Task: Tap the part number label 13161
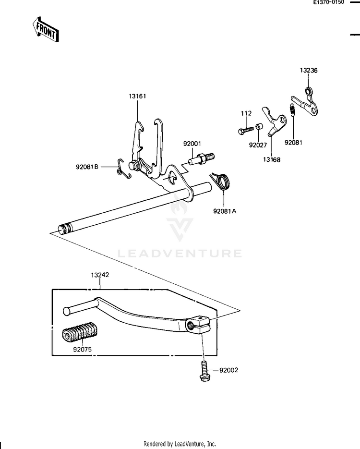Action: point(137,97)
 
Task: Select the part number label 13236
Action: point(309,70)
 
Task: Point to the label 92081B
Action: point(87,167)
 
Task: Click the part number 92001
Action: point(192,143)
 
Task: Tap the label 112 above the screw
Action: point(246,113)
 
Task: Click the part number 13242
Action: point(100,276)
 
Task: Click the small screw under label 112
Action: point(245,129)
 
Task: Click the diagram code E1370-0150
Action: point(329,3)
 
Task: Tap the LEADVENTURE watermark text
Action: point(180,253)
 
